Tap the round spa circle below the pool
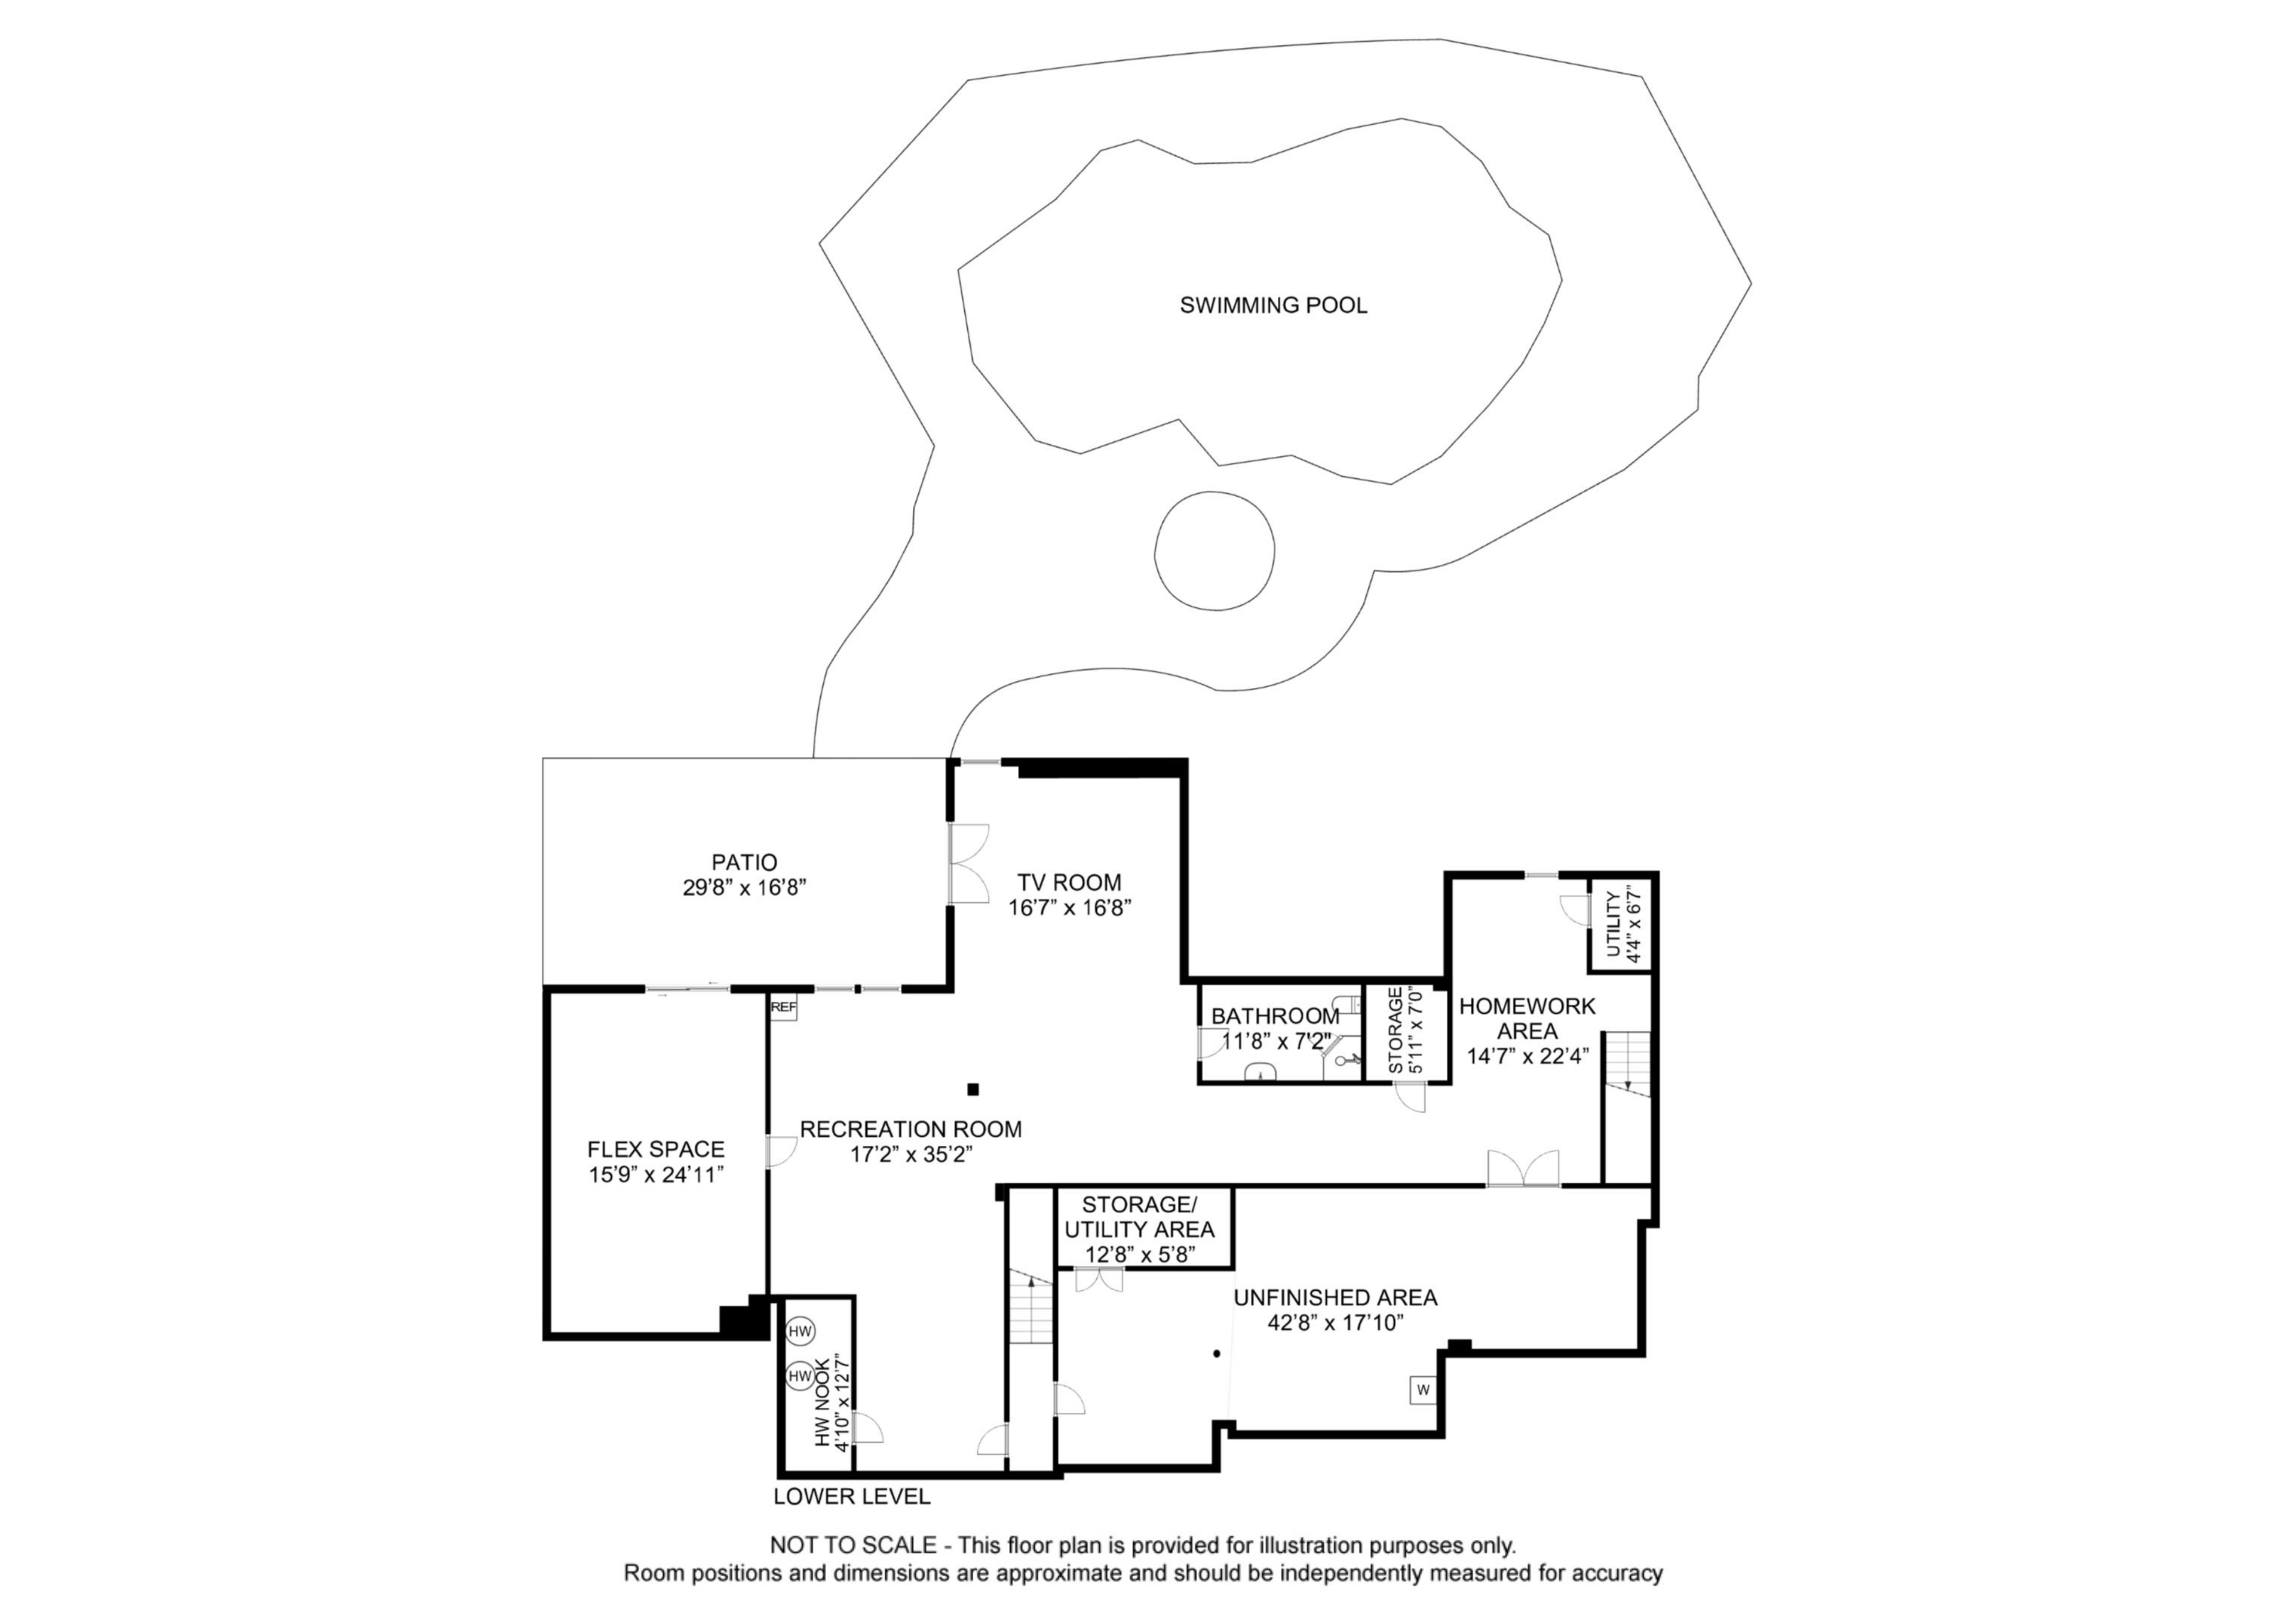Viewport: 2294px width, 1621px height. click(x=1214, y=550)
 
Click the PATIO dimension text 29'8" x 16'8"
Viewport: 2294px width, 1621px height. click(x=744, y=888)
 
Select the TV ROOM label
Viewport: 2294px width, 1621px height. click(x=1069, y=882)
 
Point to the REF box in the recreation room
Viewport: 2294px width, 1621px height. click(x=783, y=1007)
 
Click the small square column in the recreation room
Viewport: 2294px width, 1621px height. click(x=973, y=1088)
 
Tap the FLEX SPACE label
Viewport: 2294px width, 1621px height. click(x=655, y=1149)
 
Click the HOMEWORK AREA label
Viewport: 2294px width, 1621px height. click(x=1527, y=1018)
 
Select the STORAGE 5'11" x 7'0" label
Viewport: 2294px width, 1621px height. click(x=1404, y=1031)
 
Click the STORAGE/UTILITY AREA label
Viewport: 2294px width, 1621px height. click(x=1139, y=1217)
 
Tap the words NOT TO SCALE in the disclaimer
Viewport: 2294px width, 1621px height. click(x=852, y=1545)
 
